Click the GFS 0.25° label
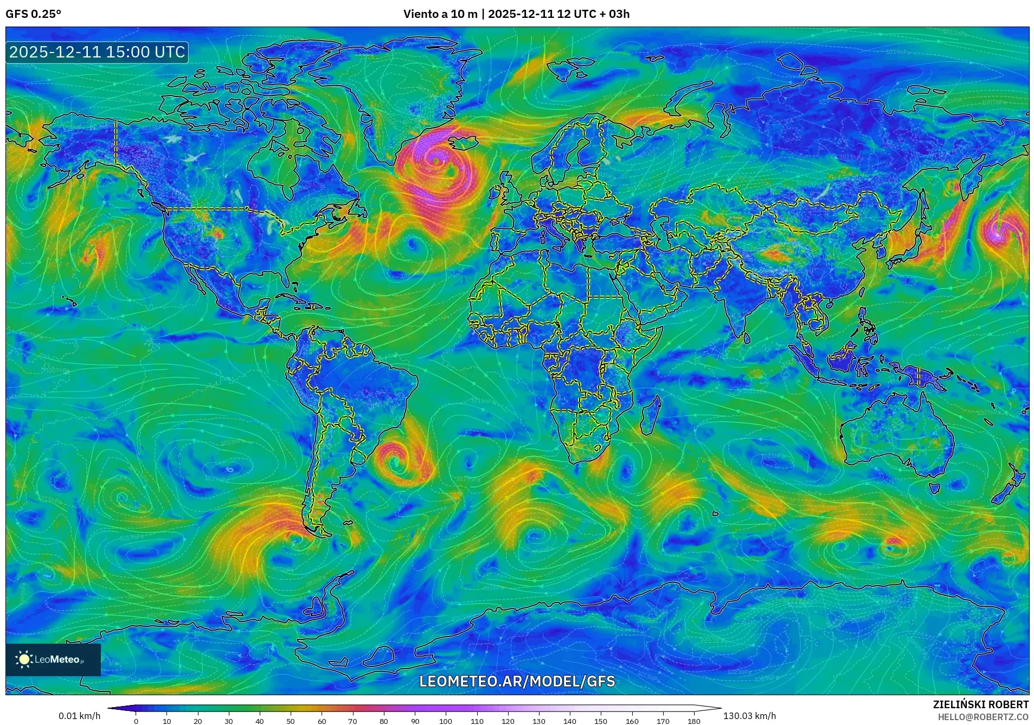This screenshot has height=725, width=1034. pos(33,14)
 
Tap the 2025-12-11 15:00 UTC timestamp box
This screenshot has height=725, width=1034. pos(97,52)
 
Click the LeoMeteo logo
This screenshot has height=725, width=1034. pos(53,659)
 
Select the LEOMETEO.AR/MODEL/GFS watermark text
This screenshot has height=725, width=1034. pos(517,681)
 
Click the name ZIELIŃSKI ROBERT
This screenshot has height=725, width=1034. pos(980,704)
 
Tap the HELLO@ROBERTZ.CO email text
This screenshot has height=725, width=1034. pos(983,717)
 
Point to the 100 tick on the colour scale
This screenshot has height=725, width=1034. pos(445,721)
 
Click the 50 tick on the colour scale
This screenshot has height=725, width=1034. pos(291,721)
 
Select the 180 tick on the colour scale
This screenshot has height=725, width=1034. pos(693,721)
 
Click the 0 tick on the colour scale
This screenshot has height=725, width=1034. pos(136,721)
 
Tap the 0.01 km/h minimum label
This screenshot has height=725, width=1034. pos(80,716)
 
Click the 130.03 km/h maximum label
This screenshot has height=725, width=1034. pos(749,716)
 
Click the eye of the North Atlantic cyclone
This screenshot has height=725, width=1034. pos(435,160)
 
